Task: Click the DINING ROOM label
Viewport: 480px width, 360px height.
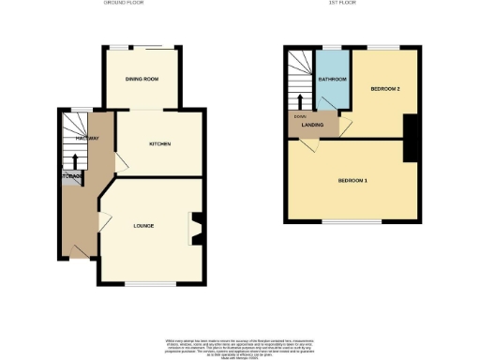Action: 142,79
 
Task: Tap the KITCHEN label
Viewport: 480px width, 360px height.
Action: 158,143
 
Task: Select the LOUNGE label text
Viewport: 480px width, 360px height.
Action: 143,226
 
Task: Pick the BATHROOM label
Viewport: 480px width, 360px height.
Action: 332,80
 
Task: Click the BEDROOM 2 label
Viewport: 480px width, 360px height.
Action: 384,88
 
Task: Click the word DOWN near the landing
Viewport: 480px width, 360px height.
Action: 300,116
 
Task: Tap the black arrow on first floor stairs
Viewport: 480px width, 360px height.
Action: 300,99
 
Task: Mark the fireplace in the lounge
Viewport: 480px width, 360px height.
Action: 197,226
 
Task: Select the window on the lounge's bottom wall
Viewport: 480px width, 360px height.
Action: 151,283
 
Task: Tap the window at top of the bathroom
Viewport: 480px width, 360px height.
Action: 332,46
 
